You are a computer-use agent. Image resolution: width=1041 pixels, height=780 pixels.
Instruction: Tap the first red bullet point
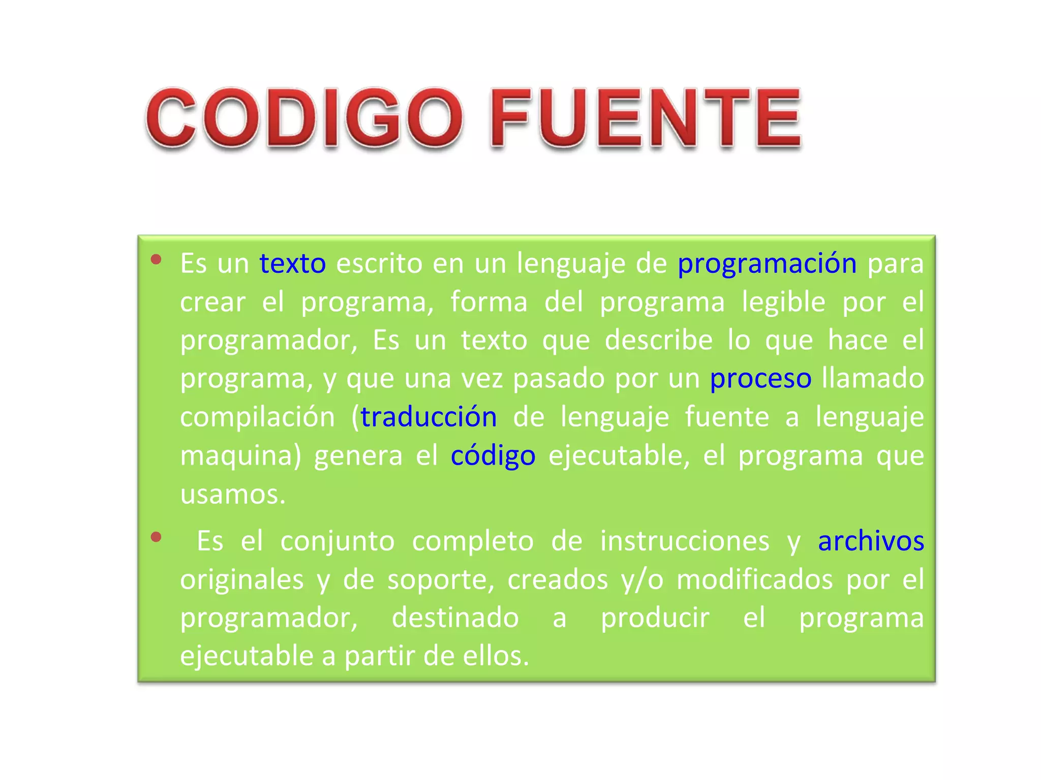tap(156, 260)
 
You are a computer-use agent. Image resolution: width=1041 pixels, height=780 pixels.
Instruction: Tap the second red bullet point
tap(156, 537)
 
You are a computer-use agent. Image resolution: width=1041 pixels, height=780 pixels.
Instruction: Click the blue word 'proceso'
tap(760, 379)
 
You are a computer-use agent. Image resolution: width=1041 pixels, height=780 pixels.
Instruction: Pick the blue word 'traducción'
tap(428, 417)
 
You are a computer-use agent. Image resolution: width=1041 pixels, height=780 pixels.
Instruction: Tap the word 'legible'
tap(783, 302)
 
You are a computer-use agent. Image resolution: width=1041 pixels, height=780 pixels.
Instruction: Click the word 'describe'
tap(658, 340)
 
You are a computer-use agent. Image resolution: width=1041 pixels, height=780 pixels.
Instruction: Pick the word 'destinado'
tap(455, 618)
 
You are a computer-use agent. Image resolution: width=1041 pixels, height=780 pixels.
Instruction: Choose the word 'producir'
tap(655, 618)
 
